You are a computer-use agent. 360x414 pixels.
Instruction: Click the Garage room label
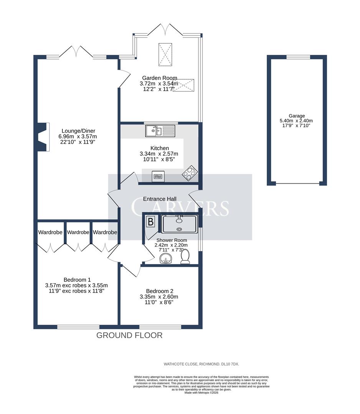point(297,116)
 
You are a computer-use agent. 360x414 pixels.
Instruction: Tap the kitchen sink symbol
point(160,131)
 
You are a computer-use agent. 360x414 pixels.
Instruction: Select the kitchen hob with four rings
point(190,174)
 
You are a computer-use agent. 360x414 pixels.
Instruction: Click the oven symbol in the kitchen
point(158,176)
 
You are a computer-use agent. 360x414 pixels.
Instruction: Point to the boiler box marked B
point(150,222)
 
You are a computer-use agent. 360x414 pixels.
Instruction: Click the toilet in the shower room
point(185,257)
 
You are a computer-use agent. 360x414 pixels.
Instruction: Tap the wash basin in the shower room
point(166,259)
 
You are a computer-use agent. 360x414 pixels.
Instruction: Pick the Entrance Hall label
point(160,199)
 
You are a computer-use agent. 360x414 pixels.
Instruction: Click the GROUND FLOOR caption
point(129,335)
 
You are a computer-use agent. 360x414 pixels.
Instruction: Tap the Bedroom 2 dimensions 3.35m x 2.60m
point(159,297)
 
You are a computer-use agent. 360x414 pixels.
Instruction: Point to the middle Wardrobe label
point(78,232)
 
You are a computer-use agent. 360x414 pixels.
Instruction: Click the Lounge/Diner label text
point(77,131)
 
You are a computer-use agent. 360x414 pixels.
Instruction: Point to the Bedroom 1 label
point(76,279)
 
